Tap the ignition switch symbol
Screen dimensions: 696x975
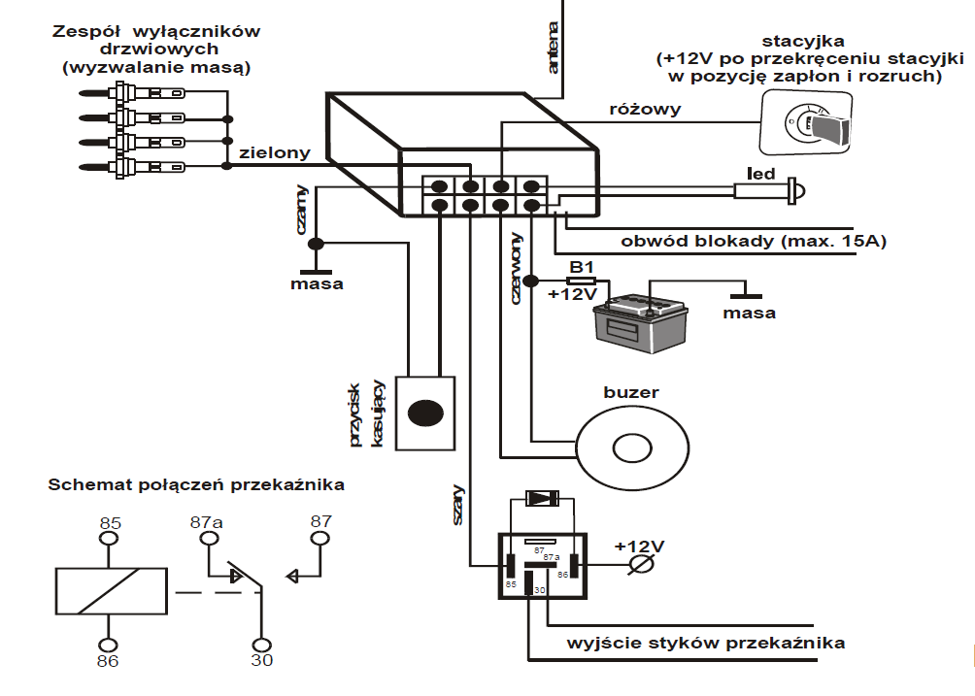point(806,122)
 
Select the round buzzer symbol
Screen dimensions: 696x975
point(632,447)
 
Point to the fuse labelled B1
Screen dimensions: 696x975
point(581,281)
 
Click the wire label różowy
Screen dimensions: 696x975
point(644,109)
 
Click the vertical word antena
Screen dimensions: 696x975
point(553,49)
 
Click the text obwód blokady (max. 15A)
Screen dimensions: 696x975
point(753,241)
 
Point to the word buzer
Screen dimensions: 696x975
point(631,392)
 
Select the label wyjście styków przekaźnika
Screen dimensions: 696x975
point(706,643)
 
